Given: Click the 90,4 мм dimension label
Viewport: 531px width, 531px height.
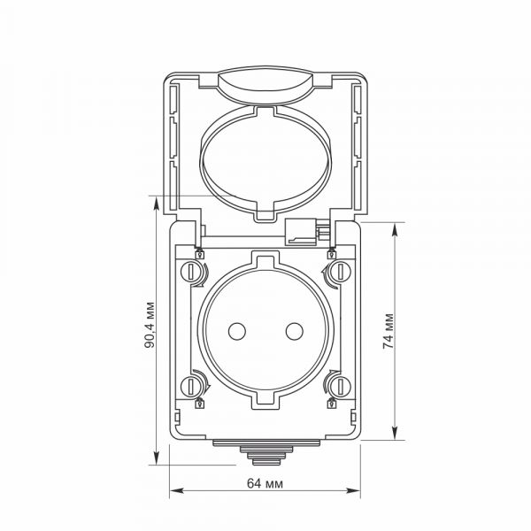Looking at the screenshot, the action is tap(150, 325).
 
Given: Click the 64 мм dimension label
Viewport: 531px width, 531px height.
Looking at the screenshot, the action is tap(265, 483).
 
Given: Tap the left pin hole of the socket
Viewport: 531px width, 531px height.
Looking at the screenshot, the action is tap(237, 331).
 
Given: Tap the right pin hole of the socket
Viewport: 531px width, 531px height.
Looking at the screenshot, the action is tap(295, 331).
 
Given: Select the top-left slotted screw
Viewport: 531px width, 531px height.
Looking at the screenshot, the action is tap(190, 272).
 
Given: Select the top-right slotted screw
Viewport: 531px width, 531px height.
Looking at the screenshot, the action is tap(341, 272).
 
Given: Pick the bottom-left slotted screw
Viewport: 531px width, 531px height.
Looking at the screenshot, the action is tap(190, 387).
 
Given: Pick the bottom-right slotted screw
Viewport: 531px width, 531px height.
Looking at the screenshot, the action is tap(341, 387).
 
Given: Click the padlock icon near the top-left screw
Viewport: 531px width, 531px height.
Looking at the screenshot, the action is tap(200, 254).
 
